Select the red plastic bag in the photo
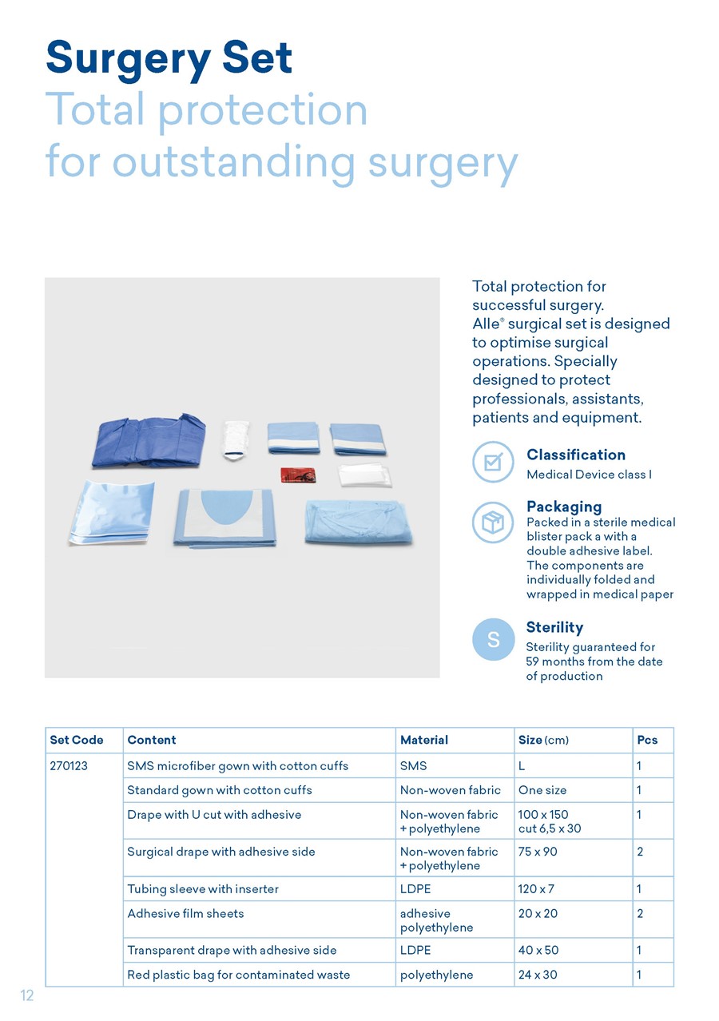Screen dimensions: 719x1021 [298, 475]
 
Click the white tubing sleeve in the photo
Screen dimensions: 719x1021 [235, 440]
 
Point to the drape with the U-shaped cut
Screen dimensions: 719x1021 [224, 518]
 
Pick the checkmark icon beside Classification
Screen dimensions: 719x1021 [493, 462]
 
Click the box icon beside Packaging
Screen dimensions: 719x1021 [493, 522]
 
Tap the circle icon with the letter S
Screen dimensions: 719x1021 [494, 639]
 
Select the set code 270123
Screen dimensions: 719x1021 [69, 765]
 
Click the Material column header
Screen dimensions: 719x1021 [424, 740]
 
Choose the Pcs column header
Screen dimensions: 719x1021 [647, 740]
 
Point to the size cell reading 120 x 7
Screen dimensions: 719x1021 [536, 889]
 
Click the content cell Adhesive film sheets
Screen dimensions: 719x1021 [185, 913]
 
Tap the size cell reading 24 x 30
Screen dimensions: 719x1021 [538, 975]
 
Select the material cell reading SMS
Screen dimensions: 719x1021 [413, 765]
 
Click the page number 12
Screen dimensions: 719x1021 [27, 995]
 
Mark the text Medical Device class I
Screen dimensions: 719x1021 [589, 475]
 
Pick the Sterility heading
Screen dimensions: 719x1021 [554, 627]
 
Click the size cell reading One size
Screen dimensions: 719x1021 [542, 790]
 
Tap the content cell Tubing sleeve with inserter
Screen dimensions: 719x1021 [203, 889]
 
